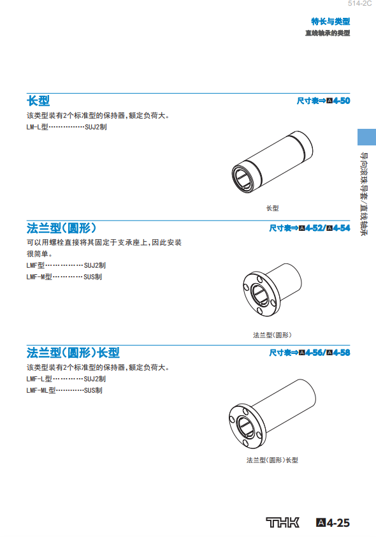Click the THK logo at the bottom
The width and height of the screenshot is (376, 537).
[x=282, y=522]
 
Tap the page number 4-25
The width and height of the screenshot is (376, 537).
[x=333, y=522]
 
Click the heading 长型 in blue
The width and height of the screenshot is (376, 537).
[x=38, y=101]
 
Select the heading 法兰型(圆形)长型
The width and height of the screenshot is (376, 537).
[x=73, y=353]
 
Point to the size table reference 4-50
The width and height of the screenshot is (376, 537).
[x=323, y=101]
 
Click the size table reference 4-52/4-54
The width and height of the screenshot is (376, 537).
[x=310, y=228]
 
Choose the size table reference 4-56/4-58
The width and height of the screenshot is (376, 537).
[x=310, y=353]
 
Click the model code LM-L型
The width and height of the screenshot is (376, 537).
[x=38, y=127]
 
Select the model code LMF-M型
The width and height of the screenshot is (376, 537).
[x=40, y=277]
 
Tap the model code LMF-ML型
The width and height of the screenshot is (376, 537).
[x=41, y=390]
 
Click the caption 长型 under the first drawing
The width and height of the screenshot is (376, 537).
[x=272, y=208]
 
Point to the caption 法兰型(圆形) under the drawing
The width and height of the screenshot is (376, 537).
[x=272, y=335]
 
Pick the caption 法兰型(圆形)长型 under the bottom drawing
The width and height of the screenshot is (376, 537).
[x=272, y=460]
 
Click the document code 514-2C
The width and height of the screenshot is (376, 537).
[x=359, y=3]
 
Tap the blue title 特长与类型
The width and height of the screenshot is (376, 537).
[x=331, y=21]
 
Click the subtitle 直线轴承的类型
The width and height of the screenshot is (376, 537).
[x=328, y=33]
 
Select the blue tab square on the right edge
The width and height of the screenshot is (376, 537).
[x=367, y=137]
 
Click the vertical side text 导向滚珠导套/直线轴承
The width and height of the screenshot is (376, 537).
[x=364, y=194]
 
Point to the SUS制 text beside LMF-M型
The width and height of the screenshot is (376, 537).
[x=92, y=277]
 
